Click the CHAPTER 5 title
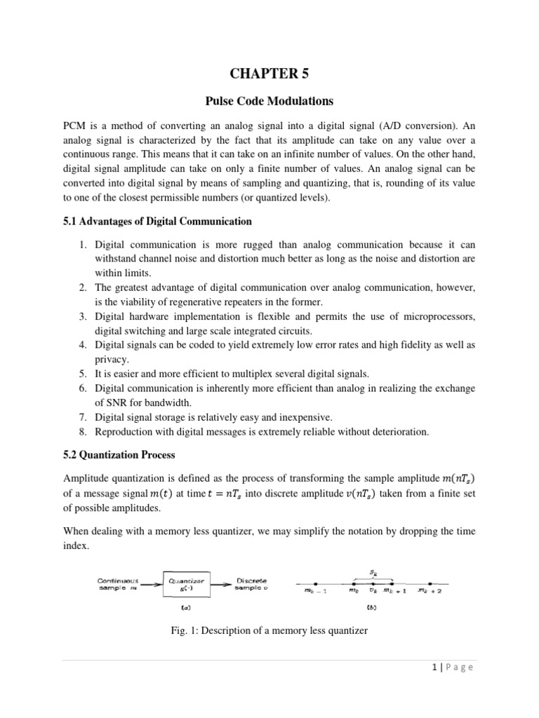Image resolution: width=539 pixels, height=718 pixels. click(x=269, y=72)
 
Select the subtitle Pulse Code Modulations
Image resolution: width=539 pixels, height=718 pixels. click(x=269, y=102)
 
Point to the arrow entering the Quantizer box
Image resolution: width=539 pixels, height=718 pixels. click(x=152, y=584)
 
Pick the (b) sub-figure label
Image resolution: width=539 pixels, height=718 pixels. click(x=371, y=607)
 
